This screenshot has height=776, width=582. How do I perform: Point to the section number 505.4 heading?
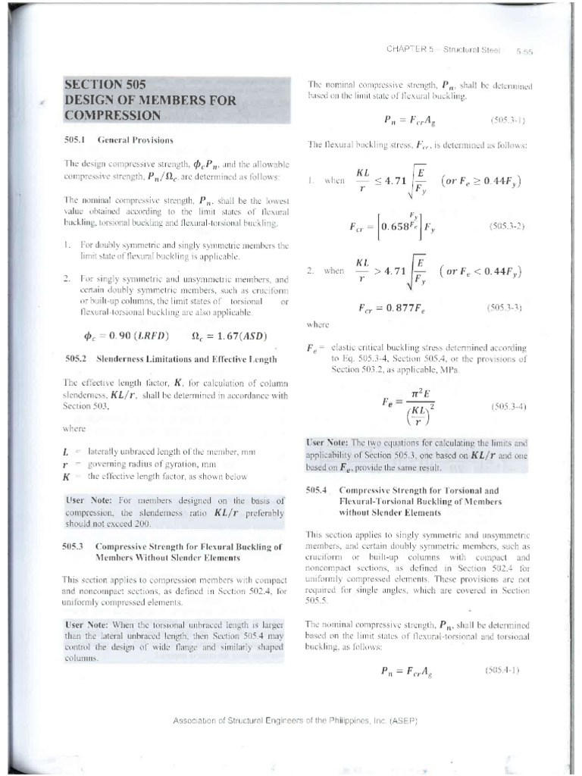click(316, 490)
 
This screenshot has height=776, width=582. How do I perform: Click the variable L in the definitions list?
click(67, 452)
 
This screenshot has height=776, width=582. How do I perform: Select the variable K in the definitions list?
click(67, 477)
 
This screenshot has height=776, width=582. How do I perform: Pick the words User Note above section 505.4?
click(327, 441)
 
